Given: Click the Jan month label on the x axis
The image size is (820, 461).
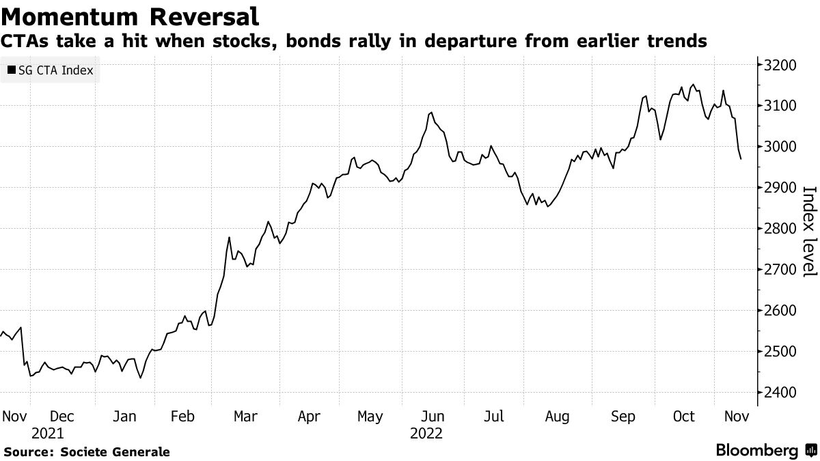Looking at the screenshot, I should click(124, 416).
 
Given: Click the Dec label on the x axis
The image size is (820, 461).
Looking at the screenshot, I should click(62, 416).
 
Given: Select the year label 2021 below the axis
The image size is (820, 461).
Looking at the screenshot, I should click(47, 434).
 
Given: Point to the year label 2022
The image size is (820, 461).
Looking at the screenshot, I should click(426, 434).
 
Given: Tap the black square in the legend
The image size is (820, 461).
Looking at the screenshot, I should click(12, 70).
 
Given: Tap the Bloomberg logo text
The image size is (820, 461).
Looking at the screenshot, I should click(756, 451).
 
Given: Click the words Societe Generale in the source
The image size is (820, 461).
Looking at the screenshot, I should click(115, 452).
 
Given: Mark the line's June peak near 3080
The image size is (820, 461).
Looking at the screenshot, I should click(431, 113).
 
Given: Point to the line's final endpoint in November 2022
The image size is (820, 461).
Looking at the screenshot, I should click(741, 159).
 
